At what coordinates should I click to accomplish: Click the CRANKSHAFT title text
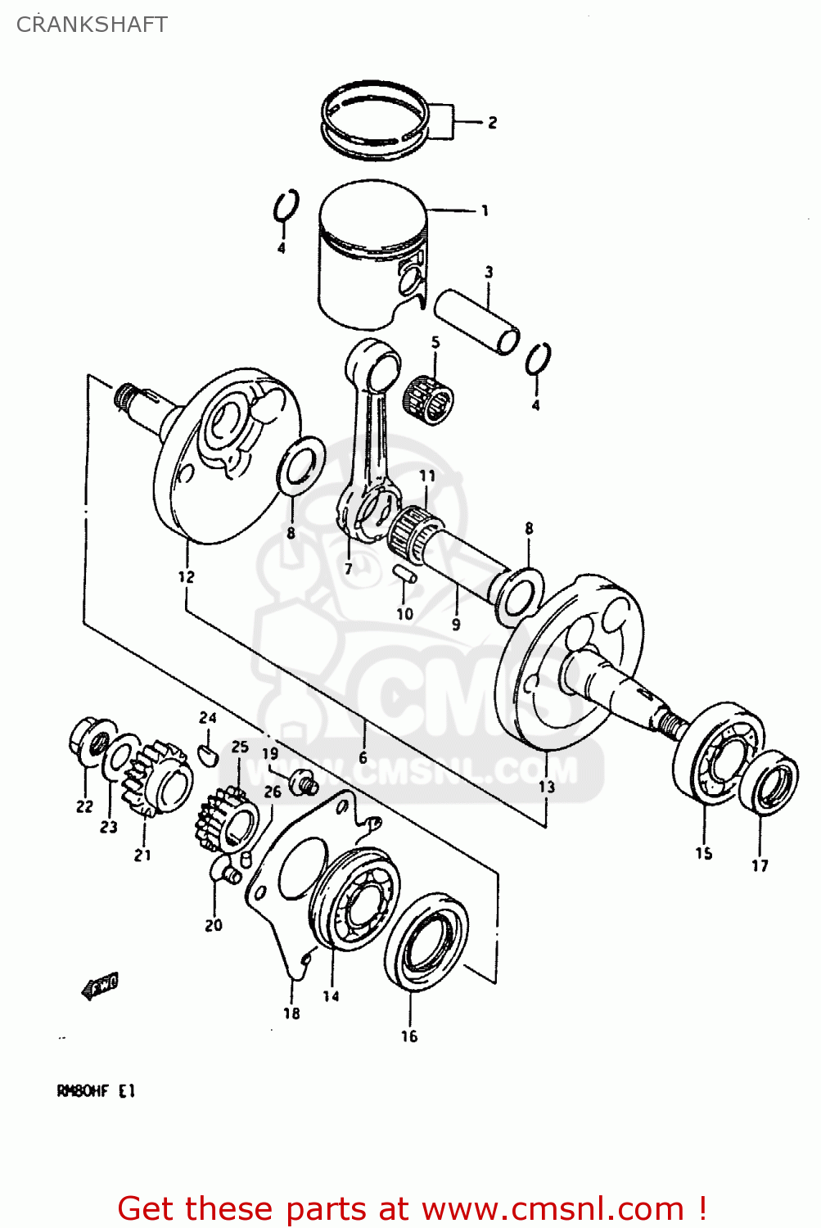[x=92, y=25]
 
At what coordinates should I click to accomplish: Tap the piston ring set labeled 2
[x=374, y=120]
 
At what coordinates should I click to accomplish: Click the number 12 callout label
[x=187, y=576]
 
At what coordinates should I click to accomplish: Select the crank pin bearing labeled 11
[x=416, y=530]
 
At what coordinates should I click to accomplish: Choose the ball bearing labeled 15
[x=720, y=752]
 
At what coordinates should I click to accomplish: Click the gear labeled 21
[x=156, y=779]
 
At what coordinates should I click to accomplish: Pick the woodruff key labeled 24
[x=208, y=752]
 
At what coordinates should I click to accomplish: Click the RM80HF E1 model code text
[x=96, y=1091]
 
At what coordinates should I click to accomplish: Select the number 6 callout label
[x=363, y=758]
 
